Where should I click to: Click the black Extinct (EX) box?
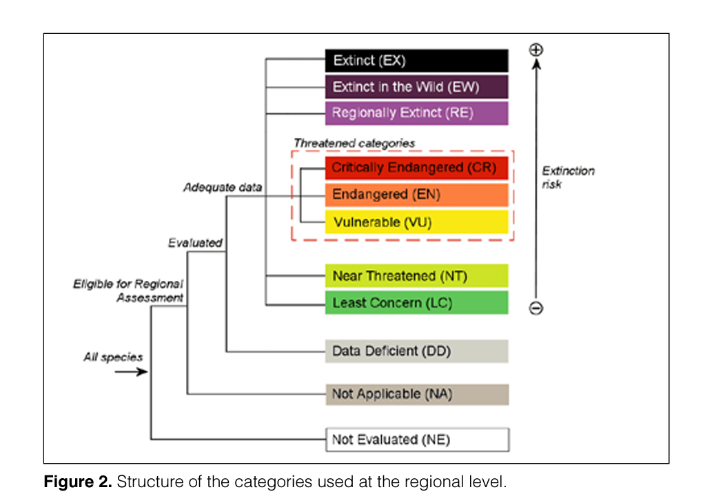pos(416,61)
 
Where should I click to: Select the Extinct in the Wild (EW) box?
pos(416,87)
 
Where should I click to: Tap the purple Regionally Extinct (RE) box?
pos(416,112)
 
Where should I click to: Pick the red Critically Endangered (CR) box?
pos(416,168)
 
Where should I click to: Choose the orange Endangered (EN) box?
pos(416,195)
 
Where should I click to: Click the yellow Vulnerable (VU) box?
pos(416,221)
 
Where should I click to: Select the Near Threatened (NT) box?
pos(416,275)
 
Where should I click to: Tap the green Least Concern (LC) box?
pos(416,302)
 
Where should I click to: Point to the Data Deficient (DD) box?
pos(416,351)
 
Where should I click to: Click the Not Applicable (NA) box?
pos(417,395)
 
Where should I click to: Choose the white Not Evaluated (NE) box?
pos(418,440)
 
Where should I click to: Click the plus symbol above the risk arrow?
pos(536,50)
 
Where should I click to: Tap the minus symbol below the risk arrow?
pos(536,308)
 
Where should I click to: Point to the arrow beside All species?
pos(131,371)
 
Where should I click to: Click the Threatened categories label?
pos(354,143)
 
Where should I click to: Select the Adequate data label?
pos(223,187)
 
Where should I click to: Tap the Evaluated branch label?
pos(195,243)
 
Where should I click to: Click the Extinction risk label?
pos(568,177)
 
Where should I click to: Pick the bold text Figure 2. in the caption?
pos(78,482)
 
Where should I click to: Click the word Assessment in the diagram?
pos(150,297)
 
